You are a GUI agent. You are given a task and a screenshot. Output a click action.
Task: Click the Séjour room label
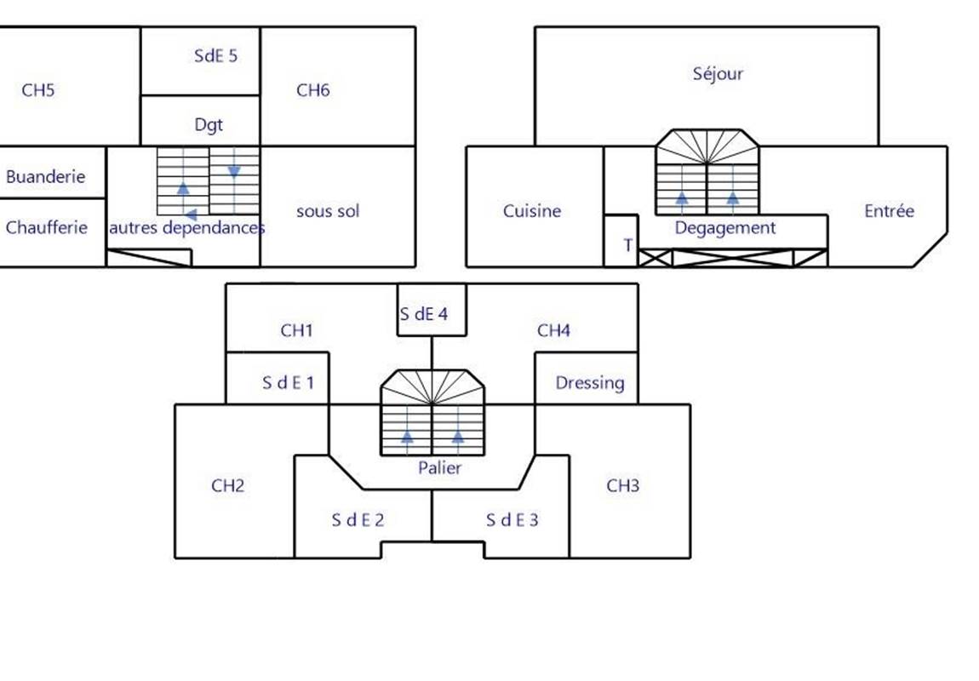[x=718, y=74]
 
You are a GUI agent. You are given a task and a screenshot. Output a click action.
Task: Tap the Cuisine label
[x=531, y=211]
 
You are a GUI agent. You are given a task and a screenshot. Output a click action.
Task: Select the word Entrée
[x=889, y=211]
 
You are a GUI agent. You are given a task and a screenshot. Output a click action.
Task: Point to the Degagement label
[x=724, y=228]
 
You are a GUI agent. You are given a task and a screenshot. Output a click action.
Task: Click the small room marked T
[x=628, y=246]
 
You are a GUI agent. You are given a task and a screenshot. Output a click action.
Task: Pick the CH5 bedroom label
[x=38, y=90]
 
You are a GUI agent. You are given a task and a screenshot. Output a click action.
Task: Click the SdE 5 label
[x=216, y=57]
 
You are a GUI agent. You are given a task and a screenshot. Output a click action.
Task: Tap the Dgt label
[x=209, y=125]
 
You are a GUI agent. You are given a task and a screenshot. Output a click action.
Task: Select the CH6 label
[x=312, y=90]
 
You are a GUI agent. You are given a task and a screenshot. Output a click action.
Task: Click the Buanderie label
[x=46, y=177]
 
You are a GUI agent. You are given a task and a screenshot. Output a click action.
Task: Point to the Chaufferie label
[x=47, y=228]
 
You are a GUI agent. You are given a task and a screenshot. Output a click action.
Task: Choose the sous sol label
[x=328, y=211]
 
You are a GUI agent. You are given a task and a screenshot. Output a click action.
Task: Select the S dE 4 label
[x=424, y=314]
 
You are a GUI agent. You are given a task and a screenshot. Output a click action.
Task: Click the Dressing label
[x=589, y=383]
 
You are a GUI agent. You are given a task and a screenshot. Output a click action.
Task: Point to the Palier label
[x=440, y=468]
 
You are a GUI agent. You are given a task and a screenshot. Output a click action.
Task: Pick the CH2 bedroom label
[x=227, y=486]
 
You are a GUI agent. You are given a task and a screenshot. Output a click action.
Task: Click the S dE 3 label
[x=512, y=519]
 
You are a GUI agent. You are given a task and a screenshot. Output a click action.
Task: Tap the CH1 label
[x=296, y=330]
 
